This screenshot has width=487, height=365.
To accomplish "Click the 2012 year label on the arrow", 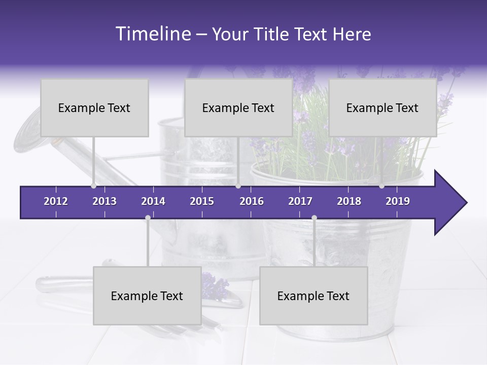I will tap(56, 201).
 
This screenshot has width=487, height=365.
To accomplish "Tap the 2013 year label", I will tap(105, 201).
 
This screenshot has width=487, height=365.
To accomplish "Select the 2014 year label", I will tap(153, 201).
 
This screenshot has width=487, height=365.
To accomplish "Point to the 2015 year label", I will tap(202, 201).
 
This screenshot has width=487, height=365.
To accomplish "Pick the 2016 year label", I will tap(252, 201).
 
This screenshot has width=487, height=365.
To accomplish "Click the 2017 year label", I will tap(300, 201).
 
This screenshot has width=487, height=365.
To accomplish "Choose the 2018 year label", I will tap(349, 201).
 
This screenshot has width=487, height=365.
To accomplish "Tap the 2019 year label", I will tap(398, 201).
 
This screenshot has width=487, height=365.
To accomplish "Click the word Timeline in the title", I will tap(153, 34).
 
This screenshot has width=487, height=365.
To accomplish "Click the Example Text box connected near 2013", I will tap(94, 108).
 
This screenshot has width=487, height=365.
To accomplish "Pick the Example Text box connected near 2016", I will tap(238, 108).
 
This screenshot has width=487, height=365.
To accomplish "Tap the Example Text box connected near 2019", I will tap(382, 108).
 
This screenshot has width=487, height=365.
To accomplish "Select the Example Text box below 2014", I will tap(147, 296).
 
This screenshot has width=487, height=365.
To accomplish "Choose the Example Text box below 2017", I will tap(314, 296).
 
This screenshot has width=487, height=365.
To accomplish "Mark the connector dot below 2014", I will tap(148, 218).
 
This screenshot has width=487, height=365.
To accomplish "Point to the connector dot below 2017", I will tap(314, 218).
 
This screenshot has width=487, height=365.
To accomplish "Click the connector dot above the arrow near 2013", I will tap(94, 186).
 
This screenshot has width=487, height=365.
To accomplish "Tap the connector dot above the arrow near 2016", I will tap(238, 186).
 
